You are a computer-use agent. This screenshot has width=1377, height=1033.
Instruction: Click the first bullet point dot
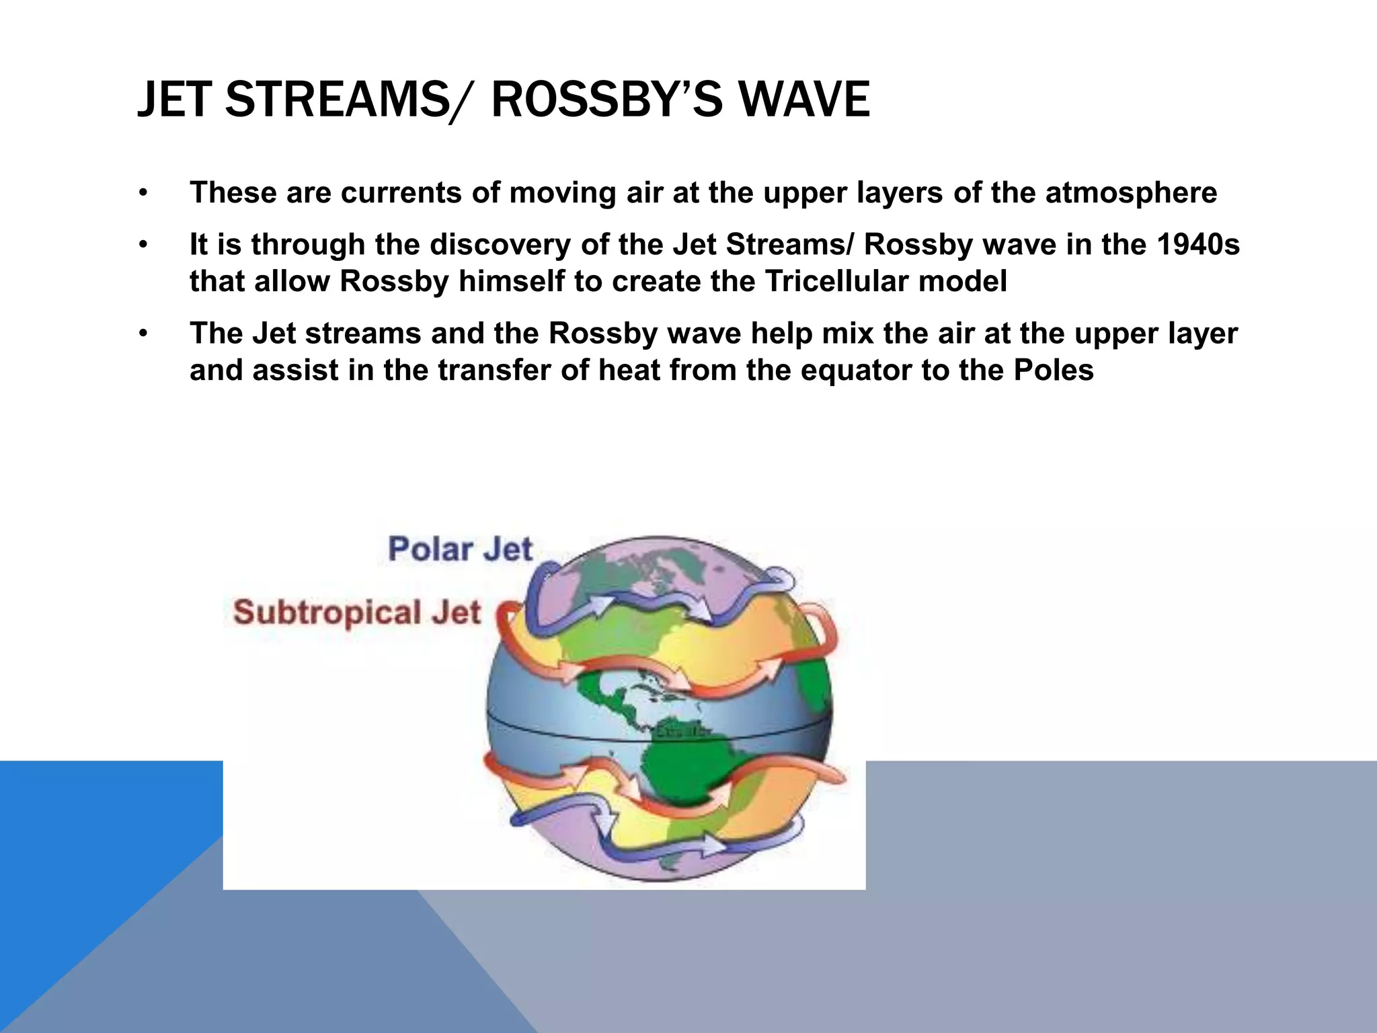tap(143, 194)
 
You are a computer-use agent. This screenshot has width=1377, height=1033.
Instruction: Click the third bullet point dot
tap(143, 334)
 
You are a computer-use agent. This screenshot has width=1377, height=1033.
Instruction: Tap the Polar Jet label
tap(461, 549)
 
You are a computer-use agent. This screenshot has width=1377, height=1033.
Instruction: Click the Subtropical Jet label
tap(357, 613)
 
